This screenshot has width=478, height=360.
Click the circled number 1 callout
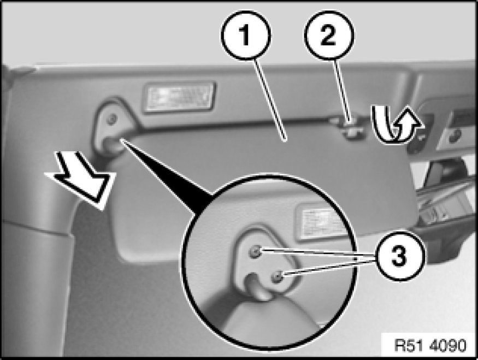[246, 34]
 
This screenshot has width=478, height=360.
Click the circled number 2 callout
[329, 34]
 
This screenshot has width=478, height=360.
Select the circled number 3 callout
[398, 256]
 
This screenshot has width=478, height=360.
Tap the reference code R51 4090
[430, 345]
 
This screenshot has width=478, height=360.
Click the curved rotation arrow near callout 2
[396, 125]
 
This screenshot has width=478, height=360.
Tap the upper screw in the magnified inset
[255, 251]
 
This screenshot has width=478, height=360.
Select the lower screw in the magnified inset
[277, 276]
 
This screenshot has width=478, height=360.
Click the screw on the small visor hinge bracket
[113, 118]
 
